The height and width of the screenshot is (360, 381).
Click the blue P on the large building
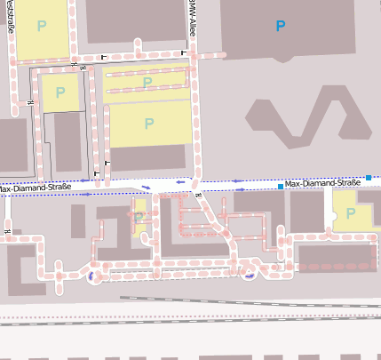281,27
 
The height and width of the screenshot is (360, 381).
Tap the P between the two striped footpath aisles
147,83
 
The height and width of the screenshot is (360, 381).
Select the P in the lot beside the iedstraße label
42,27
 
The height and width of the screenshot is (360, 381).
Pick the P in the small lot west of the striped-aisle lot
60,92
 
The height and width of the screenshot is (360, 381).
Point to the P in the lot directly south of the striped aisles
148,124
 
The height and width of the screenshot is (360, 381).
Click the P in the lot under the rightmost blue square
351,213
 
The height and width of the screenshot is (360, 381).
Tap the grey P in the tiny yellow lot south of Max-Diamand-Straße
139,217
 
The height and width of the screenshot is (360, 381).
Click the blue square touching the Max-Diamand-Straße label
280,186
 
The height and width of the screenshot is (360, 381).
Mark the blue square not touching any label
369,178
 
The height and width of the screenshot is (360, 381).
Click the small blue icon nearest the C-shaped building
92,276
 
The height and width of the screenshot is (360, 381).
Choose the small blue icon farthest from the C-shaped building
250,272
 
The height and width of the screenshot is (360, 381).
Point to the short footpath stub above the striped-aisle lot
139,47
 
